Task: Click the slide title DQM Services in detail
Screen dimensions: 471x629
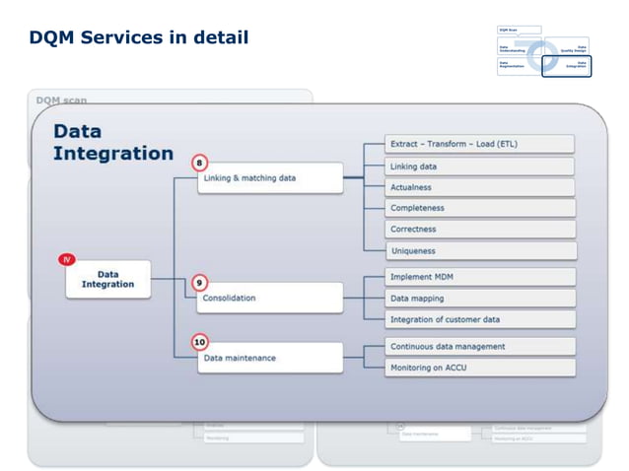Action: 138,38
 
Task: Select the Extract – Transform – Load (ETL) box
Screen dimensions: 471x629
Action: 479,144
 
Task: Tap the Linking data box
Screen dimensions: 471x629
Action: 479,167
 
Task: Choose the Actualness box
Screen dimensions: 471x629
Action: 479,187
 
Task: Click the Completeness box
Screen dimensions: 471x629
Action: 479,208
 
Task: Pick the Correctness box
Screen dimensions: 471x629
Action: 479,230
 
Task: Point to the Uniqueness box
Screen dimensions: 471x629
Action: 479,250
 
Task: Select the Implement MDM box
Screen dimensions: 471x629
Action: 479,277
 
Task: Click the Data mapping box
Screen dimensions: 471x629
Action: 479,298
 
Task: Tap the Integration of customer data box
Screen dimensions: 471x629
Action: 479,319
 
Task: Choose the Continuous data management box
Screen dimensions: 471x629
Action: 479,346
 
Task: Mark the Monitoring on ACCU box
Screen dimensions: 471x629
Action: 479,368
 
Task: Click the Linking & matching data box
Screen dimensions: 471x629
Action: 270,178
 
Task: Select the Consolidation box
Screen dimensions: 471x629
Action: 270,298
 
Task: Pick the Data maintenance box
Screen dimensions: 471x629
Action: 270,358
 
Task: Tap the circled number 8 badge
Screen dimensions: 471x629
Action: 200,163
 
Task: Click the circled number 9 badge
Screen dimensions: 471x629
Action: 200,282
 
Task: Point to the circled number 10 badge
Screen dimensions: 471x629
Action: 200,342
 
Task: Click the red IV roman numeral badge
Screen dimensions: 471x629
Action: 67,259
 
